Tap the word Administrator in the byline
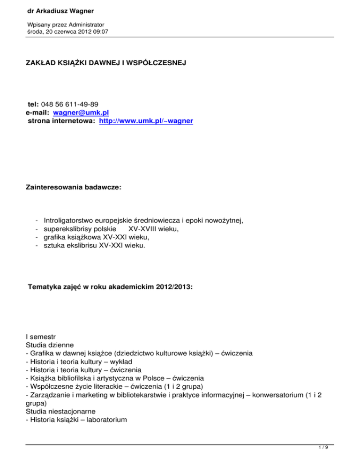coord(84,24)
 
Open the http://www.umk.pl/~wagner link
coord(146,121)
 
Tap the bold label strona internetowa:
coord(62,121)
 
